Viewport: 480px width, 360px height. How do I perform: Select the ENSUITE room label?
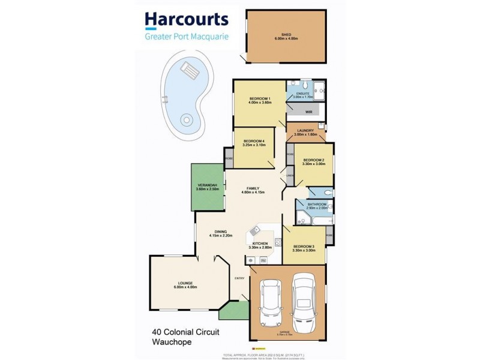[x=301, y=94]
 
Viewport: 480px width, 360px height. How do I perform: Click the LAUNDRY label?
[x=305, y=131]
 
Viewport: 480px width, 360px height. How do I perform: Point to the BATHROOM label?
[x=317, y=205]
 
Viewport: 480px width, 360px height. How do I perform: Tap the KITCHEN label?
[x=260, y=243]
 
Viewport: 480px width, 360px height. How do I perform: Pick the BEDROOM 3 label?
[x=304, y=246]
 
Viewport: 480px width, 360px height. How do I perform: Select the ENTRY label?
[x=239, y=278]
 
